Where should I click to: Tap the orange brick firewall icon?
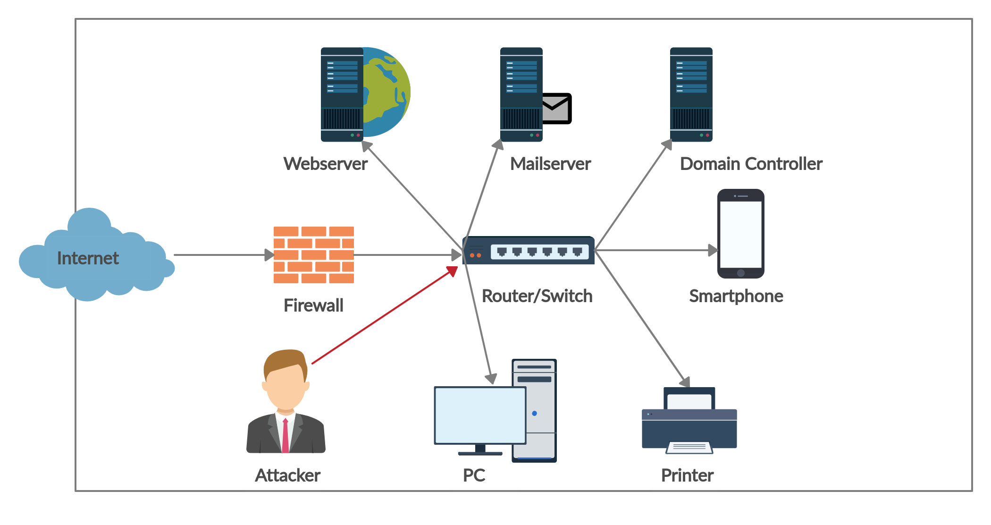313,255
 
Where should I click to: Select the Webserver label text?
325,164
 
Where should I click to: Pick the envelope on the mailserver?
557,109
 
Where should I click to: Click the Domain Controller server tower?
691,94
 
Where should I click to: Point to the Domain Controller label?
751,164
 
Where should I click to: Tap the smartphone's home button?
740,273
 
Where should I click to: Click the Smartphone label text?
736,296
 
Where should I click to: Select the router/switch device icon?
529,251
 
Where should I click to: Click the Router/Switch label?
537,296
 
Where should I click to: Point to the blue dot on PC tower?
534,414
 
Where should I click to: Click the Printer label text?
687,475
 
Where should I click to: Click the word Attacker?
287,475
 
